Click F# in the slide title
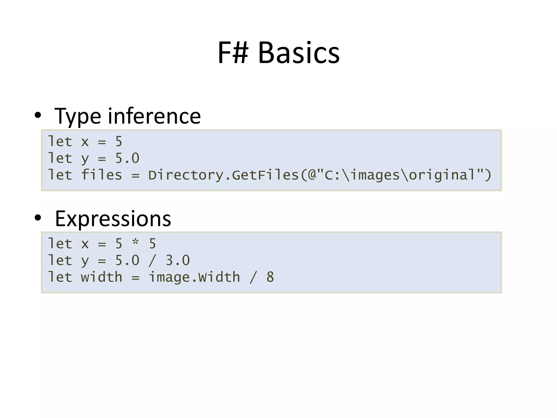[x=233, y=53]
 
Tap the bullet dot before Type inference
[x=38, y=115]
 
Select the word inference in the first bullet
[x=154, y=116]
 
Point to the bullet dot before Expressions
[x=38, y=218]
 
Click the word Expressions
[x=113, y=219]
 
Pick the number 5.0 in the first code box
[x=127, y=158]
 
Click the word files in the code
[x=101, y=175]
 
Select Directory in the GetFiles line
[x=186, y=175]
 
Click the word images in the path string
[x=375, y=175]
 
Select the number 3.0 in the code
[x=178, y=260]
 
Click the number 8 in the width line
[x=270, y=277]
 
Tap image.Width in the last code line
[x=194, y=277]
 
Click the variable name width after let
[x=101, y=277]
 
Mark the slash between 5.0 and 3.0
[x=152, y=260]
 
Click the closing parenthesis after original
[x=488, y=175]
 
